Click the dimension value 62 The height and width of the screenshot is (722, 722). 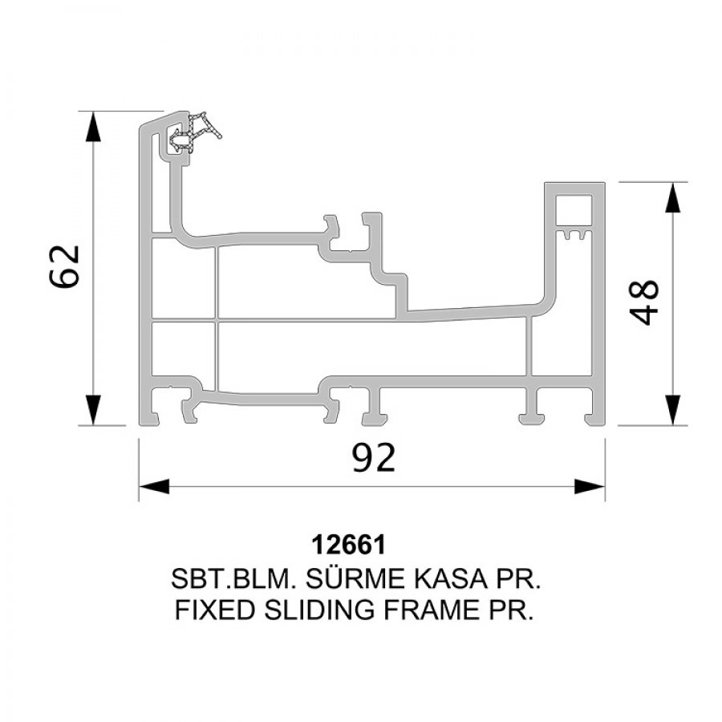click(x=64, y=267)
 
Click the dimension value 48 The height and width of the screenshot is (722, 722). click(x=643, y=302)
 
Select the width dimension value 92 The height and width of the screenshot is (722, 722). click(x=373, y=457)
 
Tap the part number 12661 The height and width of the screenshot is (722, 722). click(x=349, y=545)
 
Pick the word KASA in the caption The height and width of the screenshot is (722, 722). click(x=450, y=578)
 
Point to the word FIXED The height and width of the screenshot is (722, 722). click(x=214, y=610)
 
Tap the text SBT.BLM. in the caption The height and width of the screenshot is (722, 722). click(x=233, y=578)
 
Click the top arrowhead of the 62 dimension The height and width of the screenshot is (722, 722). click(x=93, y=127)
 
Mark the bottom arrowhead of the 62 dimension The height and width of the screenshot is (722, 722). click(x=93, y=410)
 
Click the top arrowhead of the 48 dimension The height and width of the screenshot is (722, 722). click(x=673, y=197)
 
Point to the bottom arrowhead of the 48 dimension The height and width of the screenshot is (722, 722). click(x=673, y=410)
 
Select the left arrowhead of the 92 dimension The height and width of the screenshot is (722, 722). click(x=154, y=486)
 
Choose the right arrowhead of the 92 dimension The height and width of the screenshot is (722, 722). click(x=590, y=486)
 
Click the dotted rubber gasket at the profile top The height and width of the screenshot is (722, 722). click(x=195, y=132)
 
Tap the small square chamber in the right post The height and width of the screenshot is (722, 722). click(x=574, y=210)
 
